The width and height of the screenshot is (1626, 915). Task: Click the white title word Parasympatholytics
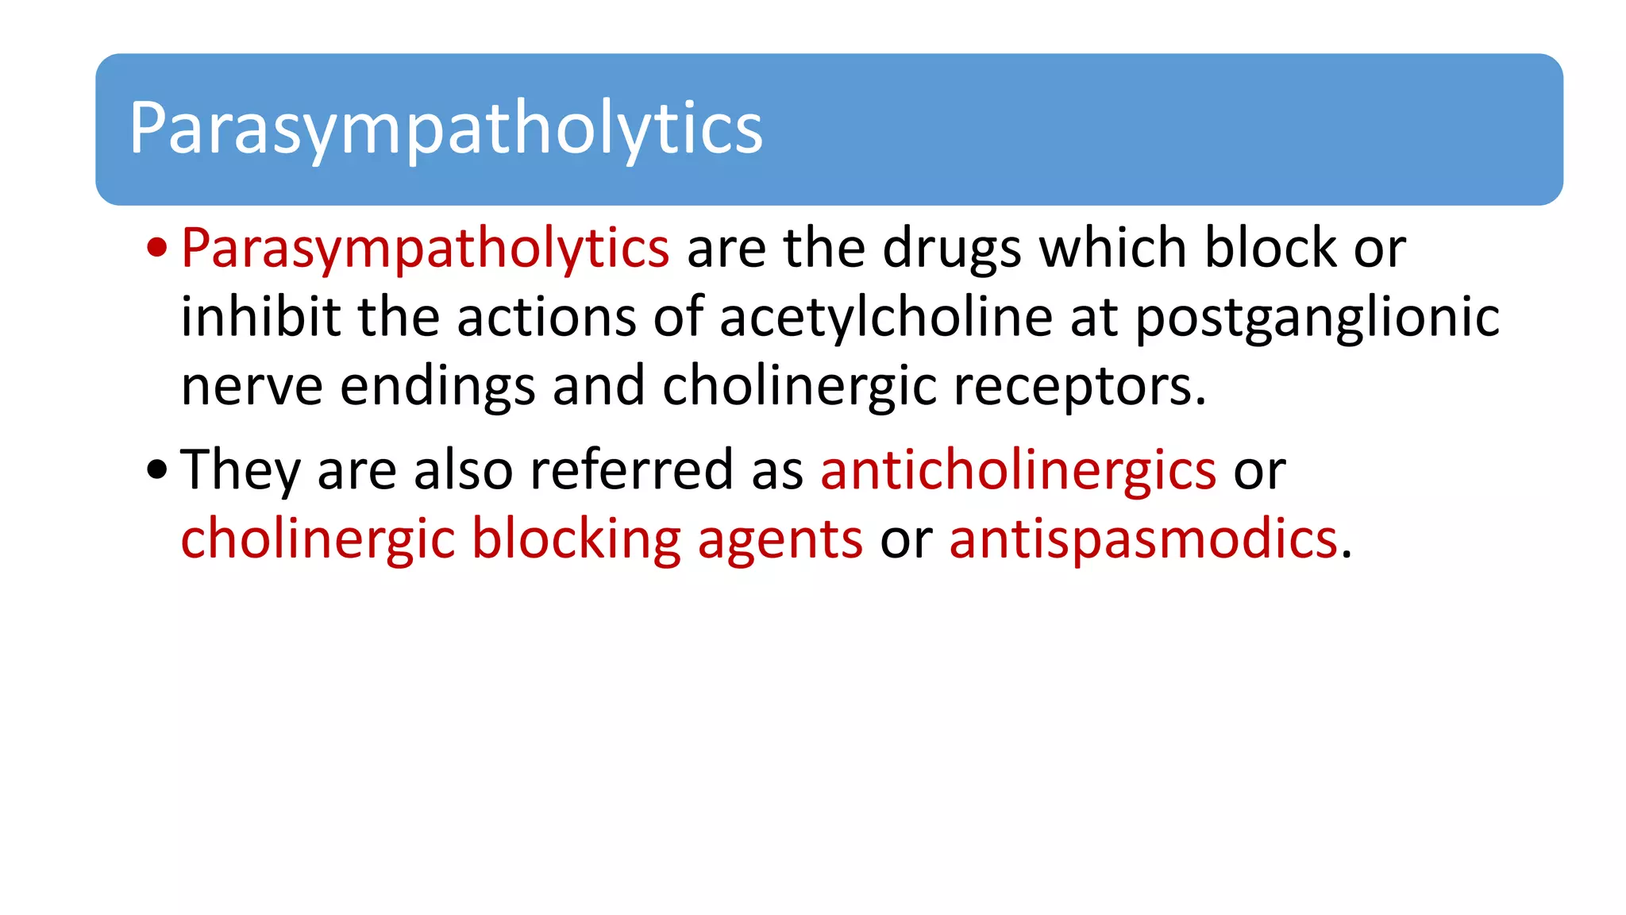445,129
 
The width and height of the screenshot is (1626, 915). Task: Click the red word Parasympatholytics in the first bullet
425,249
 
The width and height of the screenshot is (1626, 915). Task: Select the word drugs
952,249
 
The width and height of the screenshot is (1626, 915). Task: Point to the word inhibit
260,317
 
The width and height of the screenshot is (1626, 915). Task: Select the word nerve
252,387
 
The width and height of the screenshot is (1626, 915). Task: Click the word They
240,470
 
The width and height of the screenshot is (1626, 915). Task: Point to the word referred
631,469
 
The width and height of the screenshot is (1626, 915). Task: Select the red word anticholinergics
1018,469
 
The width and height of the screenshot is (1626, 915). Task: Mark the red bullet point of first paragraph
157,248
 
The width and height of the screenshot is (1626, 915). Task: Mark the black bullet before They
157,469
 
